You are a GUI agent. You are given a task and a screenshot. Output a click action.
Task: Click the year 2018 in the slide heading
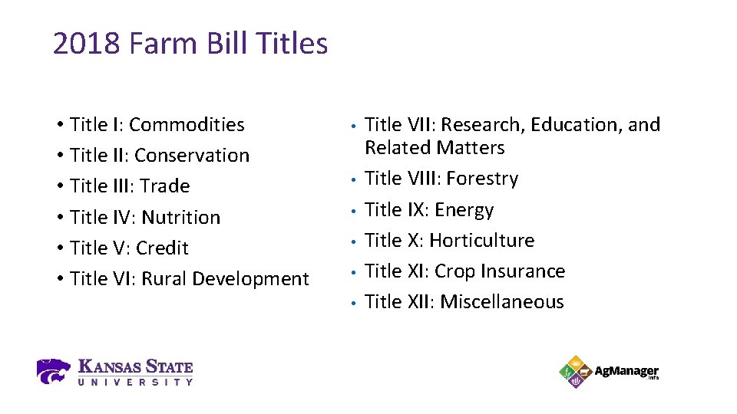(86, 44)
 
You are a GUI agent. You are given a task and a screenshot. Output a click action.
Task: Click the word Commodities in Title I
(187, 124)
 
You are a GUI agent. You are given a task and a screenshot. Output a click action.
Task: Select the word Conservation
(191, 155)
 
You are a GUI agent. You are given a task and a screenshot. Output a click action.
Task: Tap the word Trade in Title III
(164, 186)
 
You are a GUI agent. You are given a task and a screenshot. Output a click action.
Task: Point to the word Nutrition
(180, 217)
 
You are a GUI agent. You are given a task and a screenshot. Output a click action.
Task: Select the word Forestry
(482, 179)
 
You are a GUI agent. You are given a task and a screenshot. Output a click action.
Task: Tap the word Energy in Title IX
(464, 209)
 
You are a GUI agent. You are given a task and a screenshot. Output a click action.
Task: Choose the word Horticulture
(481, 240)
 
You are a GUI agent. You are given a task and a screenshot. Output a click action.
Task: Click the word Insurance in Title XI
(525, 271)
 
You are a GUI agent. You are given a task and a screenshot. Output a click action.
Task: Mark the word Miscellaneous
(502, 301)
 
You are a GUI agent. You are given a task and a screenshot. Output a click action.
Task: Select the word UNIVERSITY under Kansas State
(135, 381)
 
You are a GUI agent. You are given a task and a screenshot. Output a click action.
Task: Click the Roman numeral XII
(418, 301)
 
